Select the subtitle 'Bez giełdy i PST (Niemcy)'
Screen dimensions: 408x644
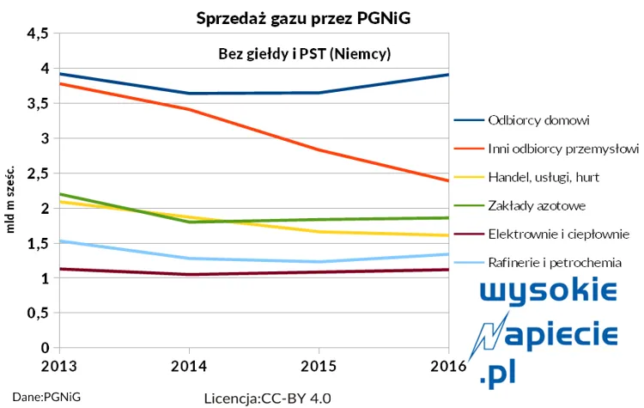[x=306, y=54]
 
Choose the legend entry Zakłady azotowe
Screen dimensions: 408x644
[x=537, y=205]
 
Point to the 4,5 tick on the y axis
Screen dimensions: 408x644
[x=38, y=33]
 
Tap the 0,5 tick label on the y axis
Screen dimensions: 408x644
[x=38, y=314]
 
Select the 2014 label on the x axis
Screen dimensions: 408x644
[x=188, y=364]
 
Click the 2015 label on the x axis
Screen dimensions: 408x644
[x=318, y=364]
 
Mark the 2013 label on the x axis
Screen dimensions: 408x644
[x=58, y=364]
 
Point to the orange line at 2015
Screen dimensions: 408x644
[x=318, y=149]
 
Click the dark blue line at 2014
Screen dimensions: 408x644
[x=188, y=93]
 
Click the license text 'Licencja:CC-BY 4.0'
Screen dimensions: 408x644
[x=267, y=399]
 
